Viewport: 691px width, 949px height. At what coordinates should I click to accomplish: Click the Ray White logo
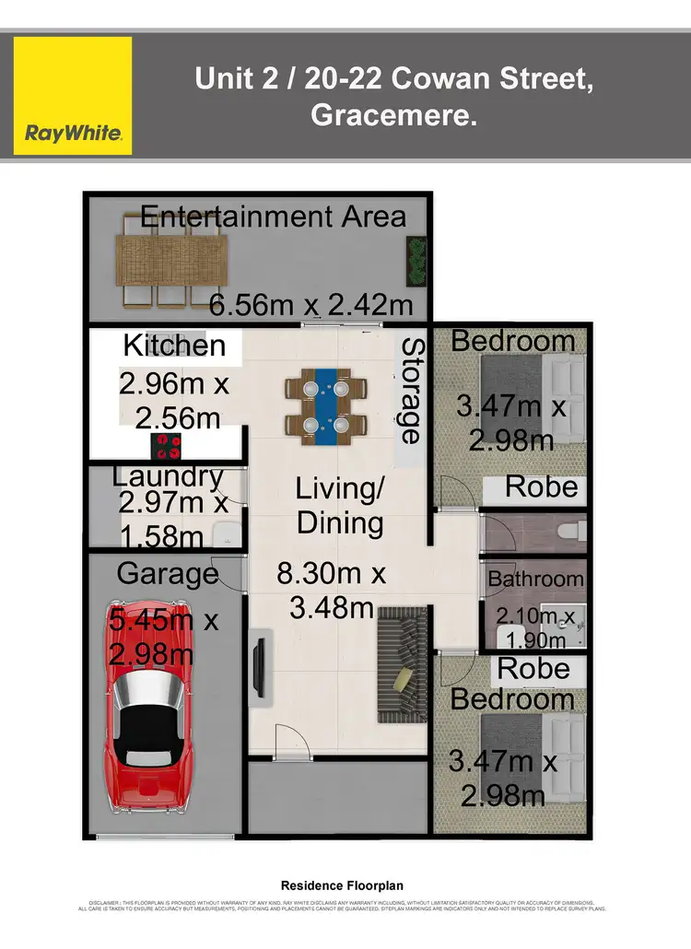[73, 96]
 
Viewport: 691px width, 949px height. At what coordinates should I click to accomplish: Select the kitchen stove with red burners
[167, 446]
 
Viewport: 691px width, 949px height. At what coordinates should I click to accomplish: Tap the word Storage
[411, 391]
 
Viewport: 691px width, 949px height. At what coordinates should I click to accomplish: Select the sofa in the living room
[401, 651]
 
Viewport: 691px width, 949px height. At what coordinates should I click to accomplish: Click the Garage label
[168, 574]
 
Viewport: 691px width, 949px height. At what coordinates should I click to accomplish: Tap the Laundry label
[168, 476]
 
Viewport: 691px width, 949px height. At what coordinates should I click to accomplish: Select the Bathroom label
[535, 580]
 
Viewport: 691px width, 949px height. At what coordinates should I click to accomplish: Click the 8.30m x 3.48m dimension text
[332, 591]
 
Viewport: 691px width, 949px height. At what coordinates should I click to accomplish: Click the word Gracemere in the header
[394, 116]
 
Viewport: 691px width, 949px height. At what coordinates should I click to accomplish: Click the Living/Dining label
[339, 507]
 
